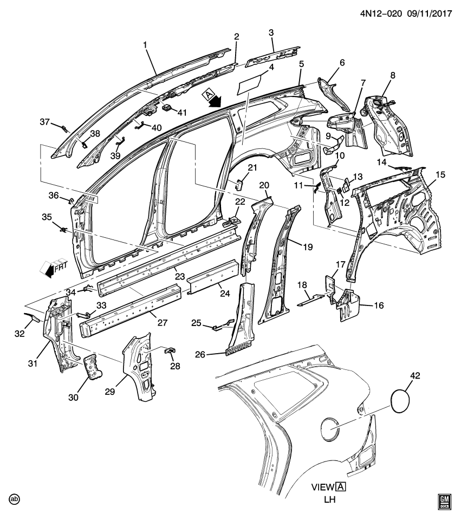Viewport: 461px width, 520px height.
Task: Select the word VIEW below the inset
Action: click(x=323, y=486)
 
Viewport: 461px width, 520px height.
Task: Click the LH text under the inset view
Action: click(x=329, y=499)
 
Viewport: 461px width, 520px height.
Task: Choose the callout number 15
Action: click(x=440, y=174)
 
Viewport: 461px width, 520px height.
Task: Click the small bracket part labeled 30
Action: click(x=92, y=368)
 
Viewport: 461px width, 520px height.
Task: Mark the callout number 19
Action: click(x=308, y=247)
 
